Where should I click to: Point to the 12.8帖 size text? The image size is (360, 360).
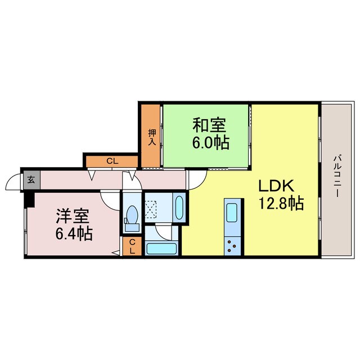point(281,203)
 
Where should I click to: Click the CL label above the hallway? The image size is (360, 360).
point(112,161)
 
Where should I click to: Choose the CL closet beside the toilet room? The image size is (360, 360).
point(132,246)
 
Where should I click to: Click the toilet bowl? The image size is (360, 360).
point(133,215)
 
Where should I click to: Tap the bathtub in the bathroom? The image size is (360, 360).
point(162,248)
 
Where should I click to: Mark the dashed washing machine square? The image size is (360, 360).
point(151,208)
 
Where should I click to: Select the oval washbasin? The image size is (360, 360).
point(178,208)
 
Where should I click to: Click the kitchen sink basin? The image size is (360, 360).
point(232,214)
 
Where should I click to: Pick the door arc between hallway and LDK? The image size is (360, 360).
point(196,179)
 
